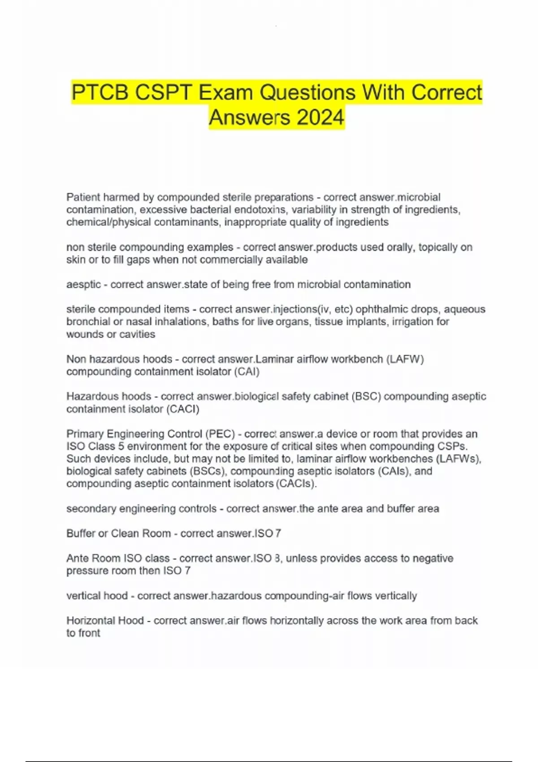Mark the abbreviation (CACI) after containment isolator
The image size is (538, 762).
click(x=183, y=409)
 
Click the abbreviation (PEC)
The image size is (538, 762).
click(x=220, y=434)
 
